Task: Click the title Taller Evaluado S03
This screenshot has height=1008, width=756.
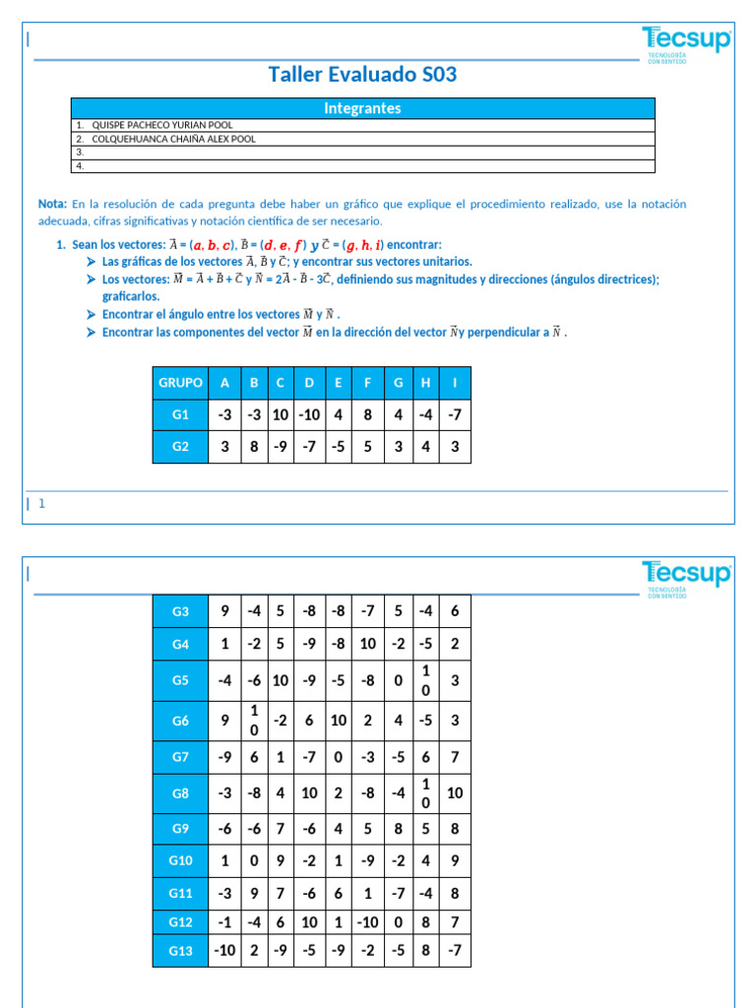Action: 362,75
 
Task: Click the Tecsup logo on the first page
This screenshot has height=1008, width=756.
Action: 686,41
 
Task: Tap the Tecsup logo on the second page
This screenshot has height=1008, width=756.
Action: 686,576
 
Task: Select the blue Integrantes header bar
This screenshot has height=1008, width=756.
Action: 362,108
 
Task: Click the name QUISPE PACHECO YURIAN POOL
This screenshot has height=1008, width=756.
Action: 162,125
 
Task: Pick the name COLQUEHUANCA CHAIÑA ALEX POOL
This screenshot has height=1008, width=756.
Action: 173,139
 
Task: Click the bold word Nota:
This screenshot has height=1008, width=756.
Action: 52,204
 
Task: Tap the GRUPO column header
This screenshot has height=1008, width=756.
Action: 180,383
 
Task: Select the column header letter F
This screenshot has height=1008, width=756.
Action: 367,383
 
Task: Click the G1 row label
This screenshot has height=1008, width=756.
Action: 180,415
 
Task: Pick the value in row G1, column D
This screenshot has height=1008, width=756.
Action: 309,415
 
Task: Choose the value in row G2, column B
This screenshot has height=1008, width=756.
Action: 254,446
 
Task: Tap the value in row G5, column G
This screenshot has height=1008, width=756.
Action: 398,679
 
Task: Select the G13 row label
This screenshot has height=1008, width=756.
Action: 180,950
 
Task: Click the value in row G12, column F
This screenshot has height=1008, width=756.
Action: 367,921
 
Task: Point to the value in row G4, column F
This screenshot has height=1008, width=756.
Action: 367,644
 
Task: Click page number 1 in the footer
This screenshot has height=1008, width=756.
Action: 42,504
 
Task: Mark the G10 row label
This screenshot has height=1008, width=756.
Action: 180,860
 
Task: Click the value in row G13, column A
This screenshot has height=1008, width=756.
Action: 224,950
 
